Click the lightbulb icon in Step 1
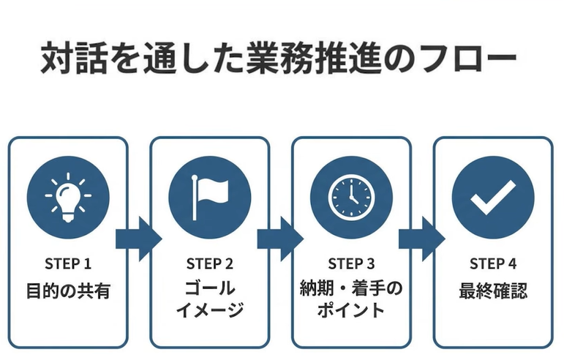point(68,196)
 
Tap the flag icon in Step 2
point(209,196)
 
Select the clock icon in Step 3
point(351,196)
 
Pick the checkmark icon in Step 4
point(492,196)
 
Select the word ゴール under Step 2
point(209,287)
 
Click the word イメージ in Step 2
point(209,310)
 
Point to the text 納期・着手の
point(351,287)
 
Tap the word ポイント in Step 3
point(351,310)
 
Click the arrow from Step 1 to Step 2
point(138,239)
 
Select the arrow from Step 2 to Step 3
point(279,239)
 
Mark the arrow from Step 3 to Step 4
point(421,239)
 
